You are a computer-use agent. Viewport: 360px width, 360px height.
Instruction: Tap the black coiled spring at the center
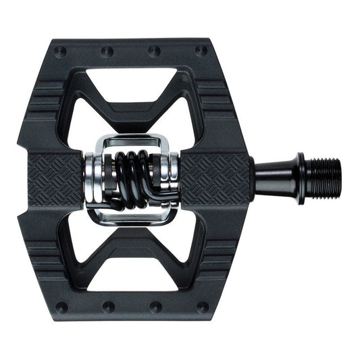[138, 179]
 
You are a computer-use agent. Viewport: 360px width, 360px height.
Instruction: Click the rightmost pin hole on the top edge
[200, 49]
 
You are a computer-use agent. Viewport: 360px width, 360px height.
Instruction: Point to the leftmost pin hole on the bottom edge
[62, 308]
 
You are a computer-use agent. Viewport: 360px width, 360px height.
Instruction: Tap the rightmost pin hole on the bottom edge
[200, 308]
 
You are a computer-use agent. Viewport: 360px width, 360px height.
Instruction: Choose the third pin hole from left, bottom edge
[155, 307]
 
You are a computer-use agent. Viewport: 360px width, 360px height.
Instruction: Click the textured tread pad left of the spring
[58, 179]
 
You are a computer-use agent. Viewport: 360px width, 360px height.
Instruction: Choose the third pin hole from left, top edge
[155, 50]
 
